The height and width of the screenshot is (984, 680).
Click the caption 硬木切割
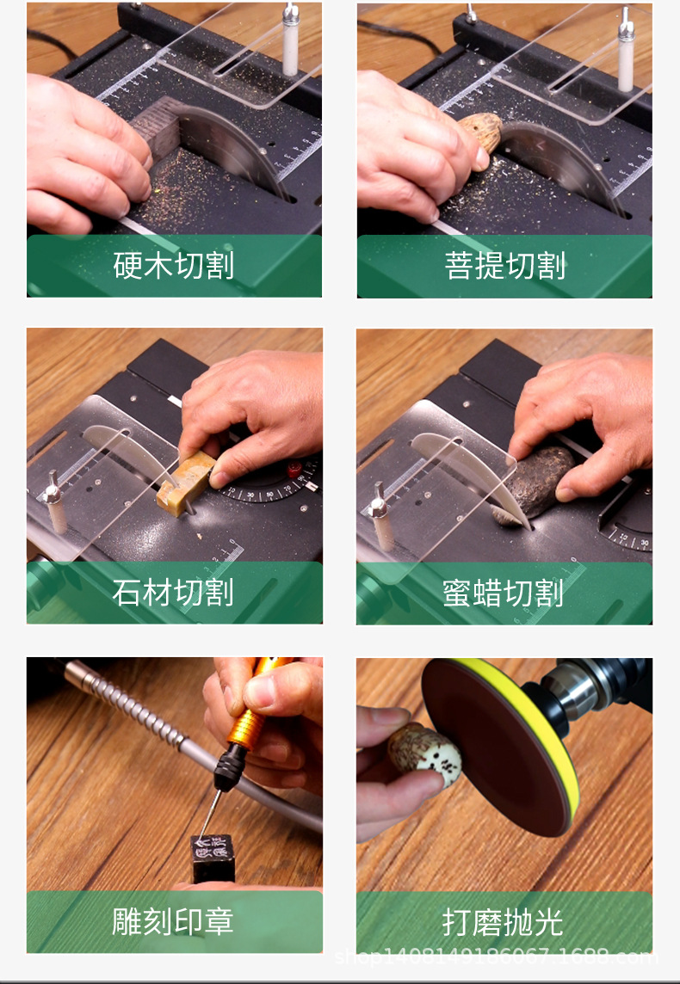pyautogui.click(x=174, y=266)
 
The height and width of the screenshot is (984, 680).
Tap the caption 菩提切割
pyautogui.click(x=504, y=266)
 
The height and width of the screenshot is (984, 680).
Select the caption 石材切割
pyautogui.click(x=174, y=593)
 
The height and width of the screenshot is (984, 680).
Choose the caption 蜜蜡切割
pyautogui.click(x=504, y=593)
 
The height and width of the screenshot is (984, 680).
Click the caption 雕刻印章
pyautogui.click(x=174, y=922)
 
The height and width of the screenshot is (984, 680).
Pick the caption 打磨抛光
pyautogui.click(x=504, y=922)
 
